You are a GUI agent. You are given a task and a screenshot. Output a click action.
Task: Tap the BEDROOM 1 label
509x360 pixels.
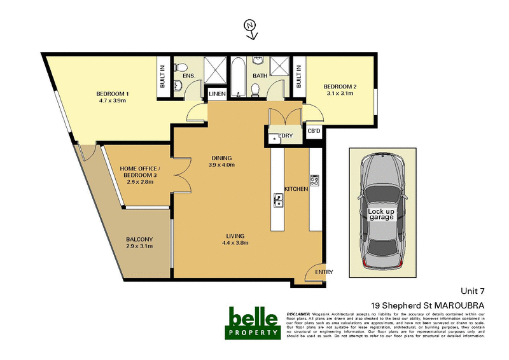(113, 95)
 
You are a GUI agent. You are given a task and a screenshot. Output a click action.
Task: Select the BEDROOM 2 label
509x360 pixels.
(340, 87)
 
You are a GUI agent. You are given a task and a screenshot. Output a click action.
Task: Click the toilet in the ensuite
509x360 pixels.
(180, 67)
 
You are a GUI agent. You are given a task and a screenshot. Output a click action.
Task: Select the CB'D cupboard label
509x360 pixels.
(314, 131)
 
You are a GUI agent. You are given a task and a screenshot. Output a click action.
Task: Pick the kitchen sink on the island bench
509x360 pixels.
(279, 200)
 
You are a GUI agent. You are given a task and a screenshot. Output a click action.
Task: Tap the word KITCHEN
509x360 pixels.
(296, 189)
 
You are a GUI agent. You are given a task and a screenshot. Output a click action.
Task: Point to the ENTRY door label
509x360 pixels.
(324, 272)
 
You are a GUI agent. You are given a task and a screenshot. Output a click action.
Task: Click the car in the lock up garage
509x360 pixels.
(381, 214)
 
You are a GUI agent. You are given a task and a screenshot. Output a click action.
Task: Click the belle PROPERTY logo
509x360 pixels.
(253, 322)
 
